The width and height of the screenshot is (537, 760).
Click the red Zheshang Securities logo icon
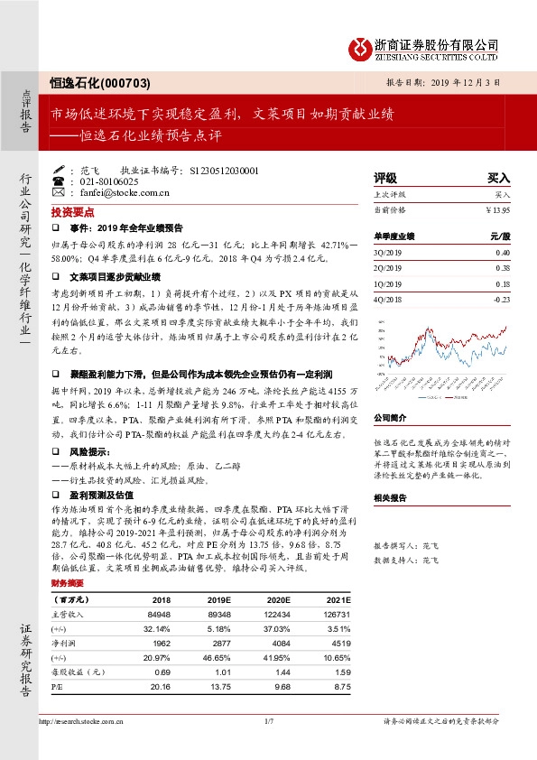click(360, 47)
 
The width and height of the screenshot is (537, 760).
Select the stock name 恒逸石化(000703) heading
click(99, 81)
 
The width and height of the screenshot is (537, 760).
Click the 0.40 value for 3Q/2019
click(502, 252)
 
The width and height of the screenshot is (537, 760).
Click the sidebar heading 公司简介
click(391, 419)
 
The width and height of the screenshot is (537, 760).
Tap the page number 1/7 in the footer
click(268, 722)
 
